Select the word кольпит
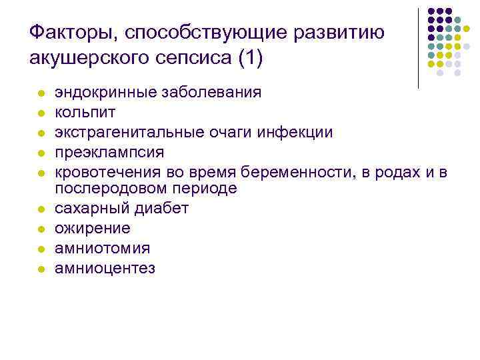[81, 111]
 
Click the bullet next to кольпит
[41, 112]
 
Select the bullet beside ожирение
[41, 229]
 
